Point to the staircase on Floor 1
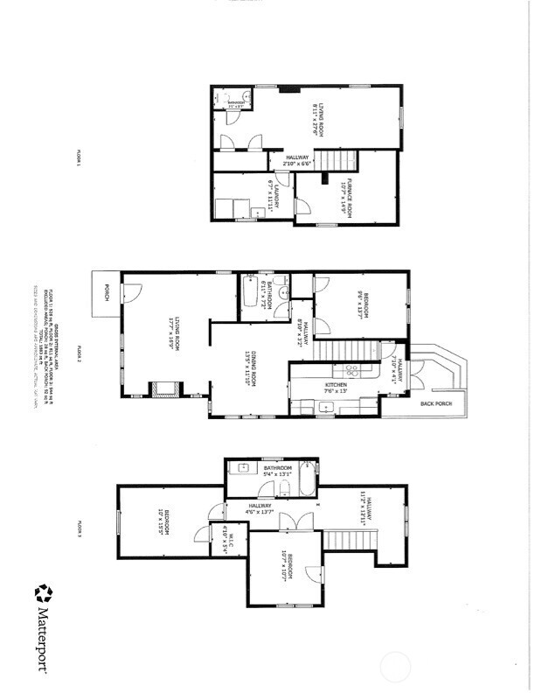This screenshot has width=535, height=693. [337, 160]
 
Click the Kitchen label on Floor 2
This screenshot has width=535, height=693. [336, 388]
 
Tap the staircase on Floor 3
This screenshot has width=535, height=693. [350, 539]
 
